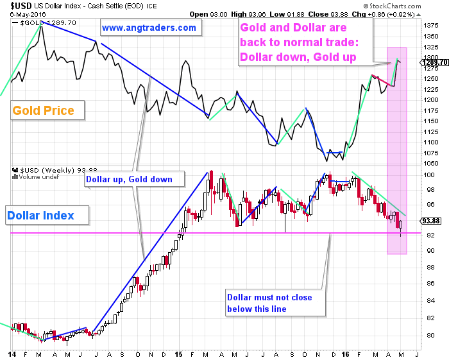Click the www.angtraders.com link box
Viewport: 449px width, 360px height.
pyautogui.click(x=149, y=28)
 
